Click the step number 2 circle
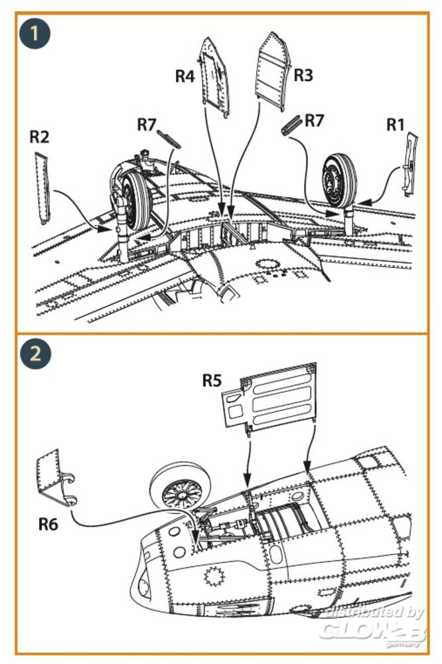(x=35, y=353)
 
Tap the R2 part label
(x=40, y=137)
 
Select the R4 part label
(x=184, y=76)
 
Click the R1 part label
(x=396, y=124)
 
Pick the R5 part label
(x=213, y=381)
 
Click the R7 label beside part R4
(x=147, y=124)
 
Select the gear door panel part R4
(x=214, y=76)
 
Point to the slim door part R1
(x=410, y=163)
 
